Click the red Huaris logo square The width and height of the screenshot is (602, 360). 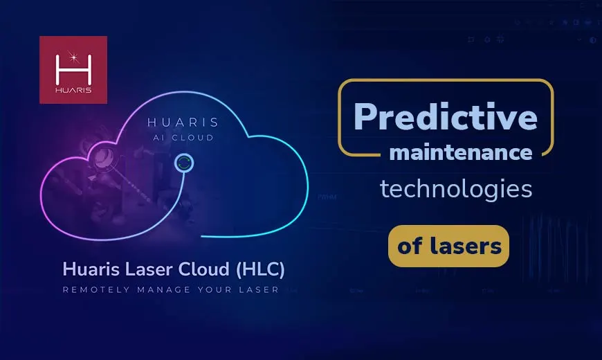(x=73, y=70)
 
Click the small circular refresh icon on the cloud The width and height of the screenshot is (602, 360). (x=183, y=163)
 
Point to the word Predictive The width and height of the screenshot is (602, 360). (x=446, y=116)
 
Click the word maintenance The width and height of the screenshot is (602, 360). (x=460, y=152)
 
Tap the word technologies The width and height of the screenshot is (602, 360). (x=456, y=189)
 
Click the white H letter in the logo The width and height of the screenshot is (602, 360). (x=73, y=65)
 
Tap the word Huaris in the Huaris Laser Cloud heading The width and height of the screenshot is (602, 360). (x=85, y=268)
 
